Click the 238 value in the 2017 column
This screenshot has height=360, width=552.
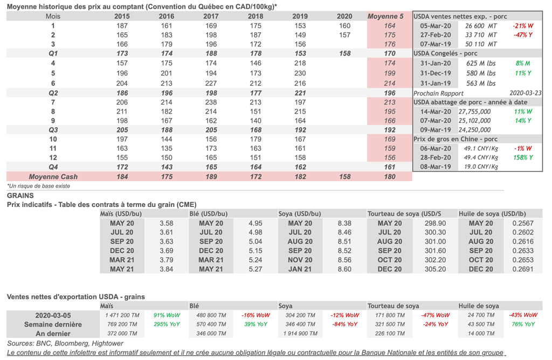(211, 102)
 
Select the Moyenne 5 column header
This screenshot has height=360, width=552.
(385, 16)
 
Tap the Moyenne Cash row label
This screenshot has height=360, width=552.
(53, 176)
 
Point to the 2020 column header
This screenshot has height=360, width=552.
(344, 16)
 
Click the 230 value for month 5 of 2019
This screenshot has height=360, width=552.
(300, 73)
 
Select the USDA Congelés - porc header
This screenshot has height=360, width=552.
(445, 53)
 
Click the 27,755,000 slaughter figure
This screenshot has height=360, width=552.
(474, 111)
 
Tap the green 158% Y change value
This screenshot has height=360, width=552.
(523, 157)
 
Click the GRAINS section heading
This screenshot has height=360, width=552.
(20, 196)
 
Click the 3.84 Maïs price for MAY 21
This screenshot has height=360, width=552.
(166, 269)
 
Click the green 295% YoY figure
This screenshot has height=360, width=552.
(167, 324)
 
